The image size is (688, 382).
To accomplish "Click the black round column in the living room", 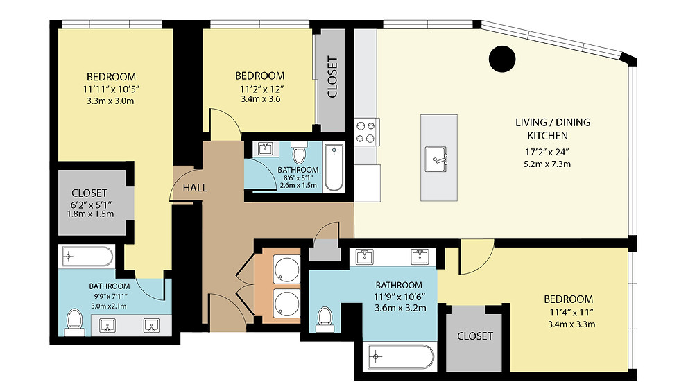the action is pyautogui.click(x=502, y=59).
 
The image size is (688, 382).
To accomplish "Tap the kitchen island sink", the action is pyautogui.click(x=436, y=159).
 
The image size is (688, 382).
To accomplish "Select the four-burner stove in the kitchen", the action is pyautogui.click(x=367, y=132).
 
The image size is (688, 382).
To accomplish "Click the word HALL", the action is pyautogui.click(x=195, y=188).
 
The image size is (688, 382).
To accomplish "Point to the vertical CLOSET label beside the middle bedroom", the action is pyautogui.click(x=333, y=77).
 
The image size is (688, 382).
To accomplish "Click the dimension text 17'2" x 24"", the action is pyautogui.click(x=547, y=153).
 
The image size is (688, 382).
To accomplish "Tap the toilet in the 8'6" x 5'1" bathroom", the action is pyautogui.click(x=299, y=153).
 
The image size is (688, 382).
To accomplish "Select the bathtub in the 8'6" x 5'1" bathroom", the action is pyautogui.click(x=334, y=168).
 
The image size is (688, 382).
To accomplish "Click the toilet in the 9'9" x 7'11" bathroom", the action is pyautogui.click(x=74, y=322).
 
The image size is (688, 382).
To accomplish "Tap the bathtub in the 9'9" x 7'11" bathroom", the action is pyautogui.click(x=86, y=257).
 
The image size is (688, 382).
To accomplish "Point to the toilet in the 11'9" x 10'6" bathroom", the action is pyautogui.click(x=325, y=319).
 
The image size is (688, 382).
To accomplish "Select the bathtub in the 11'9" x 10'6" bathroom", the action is pyautogui.click(x=401, y=357).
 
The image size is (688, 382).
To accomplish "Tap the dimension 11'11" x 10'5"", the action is pyautogui.click(x=111, y=89).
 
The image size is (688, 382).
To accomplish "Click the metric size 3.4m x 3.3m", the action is pyautogui.click(x=571, y=324).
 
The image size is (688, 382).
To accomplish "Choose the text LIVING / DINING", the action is pyautogui.click(x=553, y=122).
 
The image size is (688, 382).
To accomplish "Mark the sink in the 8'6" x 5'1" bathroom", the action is pyautogui.click(x=265, y=149).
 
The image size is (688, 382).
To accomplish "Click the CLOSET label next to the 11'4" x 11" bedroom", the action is pyautogui.click(x=475, y=336).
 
